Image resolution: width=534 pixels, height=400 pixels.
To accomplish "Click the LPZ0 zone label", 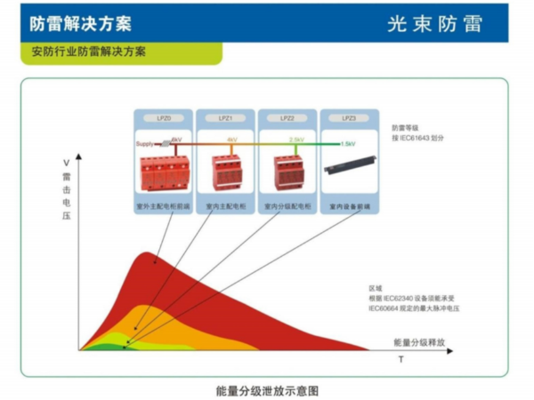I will click(163, 117).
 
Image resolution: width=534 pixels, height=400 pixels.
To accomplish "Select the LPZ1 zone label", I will click(225, 117).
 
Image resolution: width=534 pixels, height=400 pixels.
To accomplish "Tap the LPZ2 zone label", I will click(287, 117).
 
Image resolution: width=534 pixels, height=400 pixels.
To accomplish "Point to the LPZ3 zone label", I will click(349, 117).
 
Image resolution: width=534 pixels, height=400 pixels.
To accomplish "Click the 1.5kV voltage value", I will click(348, 143).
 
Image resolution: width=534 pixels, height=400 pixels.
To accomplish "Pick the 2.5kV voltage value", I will click(296, 140).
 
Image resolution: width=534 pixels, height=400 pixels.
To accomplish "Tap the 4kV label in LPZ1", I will click(231, 140).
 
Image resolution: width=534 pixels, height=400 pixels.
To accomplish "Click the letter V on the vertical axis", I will click(67, 163).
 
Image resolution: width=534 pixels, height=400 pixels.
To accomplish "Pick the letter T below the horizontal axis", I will click(400, 360).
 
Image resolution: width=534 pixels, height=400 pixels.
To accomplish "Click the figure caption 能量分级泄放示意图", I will click(266, 389).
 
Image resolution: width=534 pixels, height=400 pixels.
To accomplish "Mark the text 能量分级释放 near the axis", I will click(418, 341).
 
